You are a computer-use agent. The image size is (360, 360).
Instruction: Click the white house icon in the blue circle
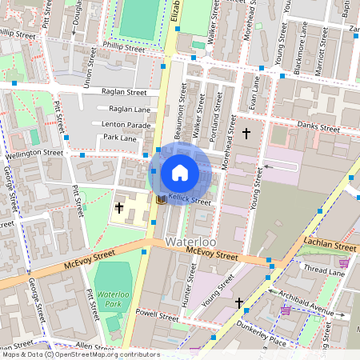(x=180, y=173)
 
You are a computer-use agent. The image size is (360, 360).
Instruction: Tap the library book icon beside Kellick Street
(x=161, y=199)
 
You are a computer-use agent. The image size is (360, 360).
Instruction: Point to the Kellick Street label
(x=189, y=202)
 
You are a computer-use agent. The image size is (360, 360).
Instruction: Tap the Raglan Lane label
(x=129, y=109)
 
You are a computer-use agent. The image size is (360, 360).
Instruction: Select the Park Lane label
(x=121, y=138)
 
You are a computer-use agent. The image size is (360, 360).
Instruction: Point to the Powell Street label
(x=157, y=316)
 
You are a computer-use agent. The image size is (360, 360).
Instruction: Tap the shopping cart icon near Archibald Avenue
(x=286, y=310)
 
